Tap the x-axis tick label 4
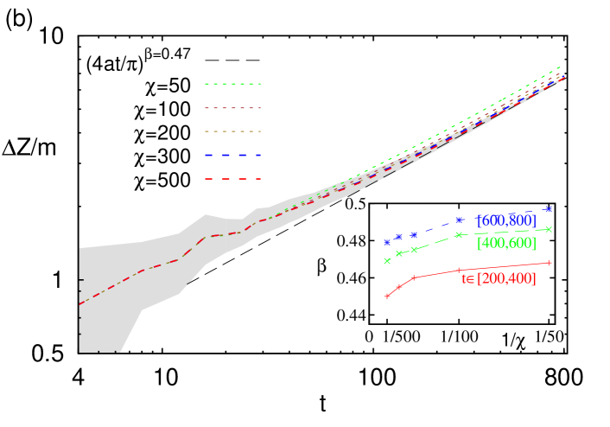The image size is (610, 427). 79,377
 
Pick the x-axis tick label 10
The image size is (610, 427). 166,377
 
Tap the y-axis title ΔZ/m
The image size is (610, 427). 29,147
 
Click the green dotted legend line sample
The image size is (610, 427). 232,84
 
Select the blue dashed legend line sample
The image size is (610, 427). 232,155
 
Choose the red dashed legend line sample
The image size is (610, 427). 232,179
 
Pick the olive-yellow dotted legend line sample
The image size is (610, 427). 232,131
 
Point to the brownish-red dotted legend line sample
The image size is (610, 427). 232,108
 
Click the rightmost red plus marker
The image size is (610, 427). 550,263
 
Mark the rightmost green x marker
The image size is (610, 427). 550,229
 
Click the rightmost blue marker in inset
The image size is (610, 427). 550,208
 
